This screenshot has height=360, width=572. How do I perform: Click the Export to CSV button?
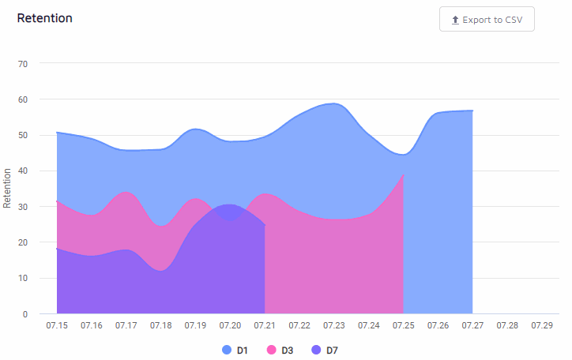coord(487,20)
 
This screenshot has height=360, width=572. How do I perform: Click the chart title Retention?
coord(45,18)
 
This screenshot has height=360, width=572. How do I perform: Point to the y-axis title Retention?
coord(8,188)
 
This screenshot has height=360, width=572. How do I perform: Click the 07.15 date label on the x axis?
coord(57,326)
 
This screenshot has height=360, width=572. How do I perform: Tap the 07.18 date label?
coord(161,326)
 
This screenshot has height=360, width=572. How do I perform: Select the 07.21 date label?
coord(265,326)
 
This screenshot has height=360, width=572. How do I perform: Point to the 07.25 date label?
coord(403,326)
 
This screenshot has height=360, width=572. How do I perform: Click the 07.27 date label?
coord(472,326)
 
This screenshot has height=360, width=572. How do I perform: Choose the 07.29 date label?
coord(542,326)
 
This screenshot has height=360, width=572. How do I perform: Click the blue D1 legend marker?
coord(228,350)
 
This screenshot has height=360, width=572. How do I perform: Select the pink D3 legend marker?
coord(272,350)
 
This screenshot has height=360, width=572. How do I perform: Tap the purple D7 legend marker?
coord(317,350)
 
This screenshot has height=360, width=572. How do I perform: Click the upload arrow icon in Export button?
coord(455,20)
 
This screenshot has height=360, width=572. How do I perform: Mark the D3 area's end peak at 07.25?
coord(403,175)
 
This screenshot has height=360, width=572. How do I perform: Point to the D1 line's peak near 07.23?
coord(333,103)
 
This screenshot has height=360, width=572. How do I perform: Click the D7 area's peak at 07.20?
coord(229,205)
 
